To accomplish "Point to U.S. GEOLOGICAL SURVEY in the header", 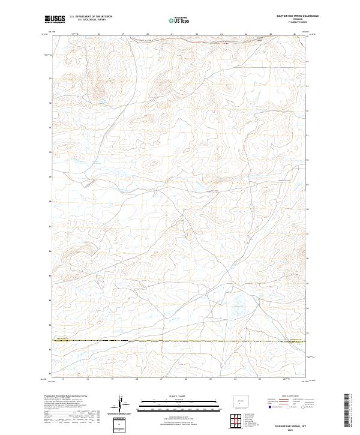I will click(90, 20).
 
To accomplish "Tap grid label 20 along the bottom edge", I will click(137, 379).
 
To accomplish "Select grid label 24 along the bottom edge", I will click(236, 379).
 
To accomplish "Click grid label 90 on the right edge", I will click(308, 160).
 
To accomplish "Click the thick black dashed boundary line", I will click(180, 341).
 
